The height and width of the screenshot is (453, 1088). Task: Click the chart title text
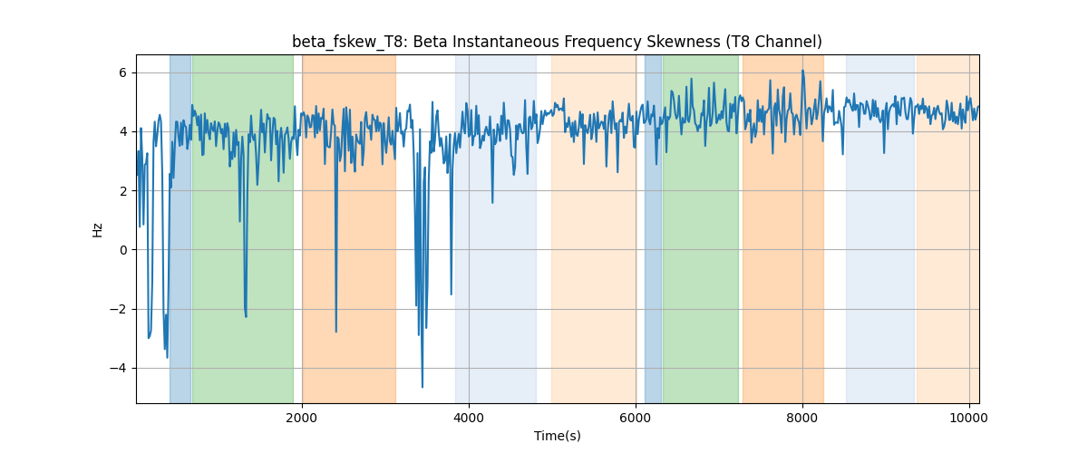[557, 43]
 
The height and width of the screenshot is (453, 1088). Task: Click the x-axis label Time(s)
[557, 436]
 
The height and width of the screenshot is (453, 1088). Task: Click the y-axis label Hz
[97, 229]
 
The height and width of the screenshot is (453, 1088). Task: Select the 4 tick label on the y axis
[122, 132]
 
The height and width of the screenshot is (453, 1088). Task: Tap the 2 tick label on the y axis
[122, 191]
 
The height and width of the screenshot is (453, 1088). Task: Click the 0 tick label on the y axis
[122, 250]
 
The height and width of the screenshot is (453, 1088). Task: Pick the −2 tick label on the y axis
[118, 309]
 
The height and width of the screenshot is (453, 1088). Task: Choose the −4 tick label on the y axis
[118, 369]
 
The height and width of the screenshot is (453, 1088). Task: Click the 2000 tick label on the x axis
[302, 418]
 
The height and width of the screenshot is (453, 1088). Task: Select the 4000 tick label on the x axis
[469, 418]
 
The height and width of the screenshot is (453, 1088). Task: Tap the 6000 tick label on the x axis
[636, 418]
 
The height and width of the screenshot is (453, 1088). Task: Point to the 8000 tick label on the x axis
[802, 418]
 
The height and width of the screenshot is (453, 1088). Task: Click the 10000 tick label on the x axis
[969, 418]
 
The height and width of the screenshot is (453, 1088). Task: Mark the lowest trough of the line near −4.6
[423, 387]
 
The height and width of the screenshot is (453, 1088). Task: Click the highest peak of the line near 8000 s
[802, 71]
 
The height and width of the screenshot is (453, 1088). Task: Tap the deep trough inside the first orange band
[336, 332]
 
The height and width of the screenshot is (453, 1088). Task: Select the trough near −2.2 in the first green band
[247, 316]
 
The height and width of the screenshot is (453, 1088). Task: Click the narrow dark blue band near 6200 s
[654, 228]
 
